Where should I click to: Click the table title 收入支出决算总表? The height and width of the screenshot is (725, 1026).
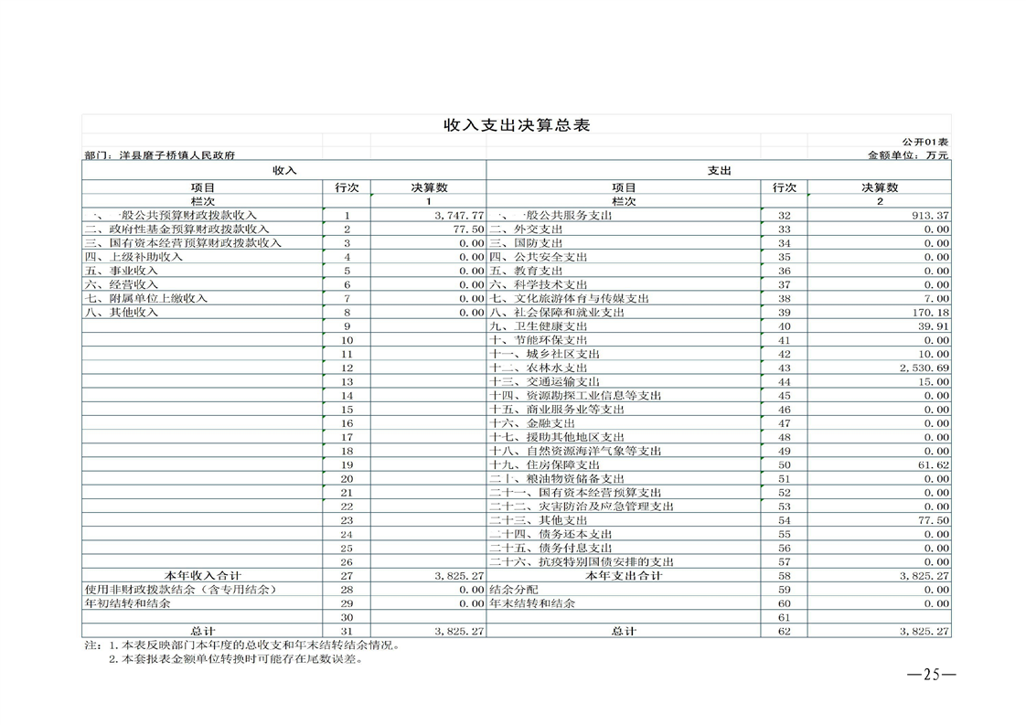517,125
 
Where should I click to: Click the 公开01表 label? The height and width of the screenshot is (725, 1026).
924,142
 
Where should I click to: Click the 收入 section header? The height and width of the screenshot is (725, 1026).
284,170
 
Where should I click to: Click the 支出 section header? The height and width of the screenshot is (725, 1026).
719,170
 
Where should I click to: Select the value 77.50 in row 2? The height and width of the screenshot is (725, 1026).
468,229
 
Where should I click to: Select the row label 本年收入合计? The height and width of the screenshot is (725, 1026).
202,576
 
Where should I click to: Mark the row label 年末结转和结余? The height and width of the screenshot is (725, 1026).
533,603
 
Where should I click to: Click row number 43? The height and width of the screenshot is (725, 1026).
784,368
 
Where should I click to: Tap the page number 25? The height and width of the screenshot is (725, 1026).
931,675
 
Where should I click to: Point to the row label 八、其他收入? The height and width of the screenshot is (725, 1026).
122,313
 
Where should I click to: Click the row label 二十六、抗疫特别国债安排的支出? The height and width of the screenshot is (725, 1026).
582,562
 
